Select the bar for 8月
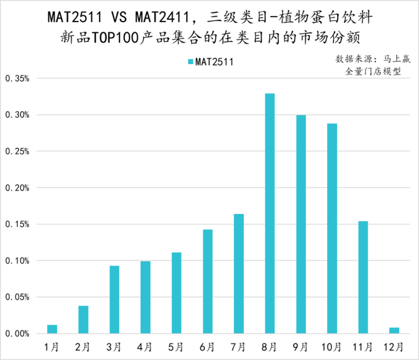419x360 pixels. tap(270, 213)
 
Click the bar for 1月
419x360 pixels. tap(52, 329)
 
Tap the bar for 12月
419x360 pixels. tap(394, 330)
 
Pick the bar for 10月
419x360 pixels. tap(332, 229)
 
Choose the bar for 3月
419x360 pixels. tap(114, 300)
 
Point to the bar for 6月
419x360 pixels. tap(208, 281)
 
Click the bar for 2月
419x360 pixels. tap(83, 319)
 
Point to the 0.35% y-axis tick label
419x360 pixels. tap(17, 79)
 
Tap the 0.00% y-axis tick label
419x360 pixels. tap(17, 333)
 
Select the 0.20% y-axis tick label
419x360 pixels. tap(17, 188)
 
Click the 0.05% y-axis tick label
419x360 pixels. tap(17, 297)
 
